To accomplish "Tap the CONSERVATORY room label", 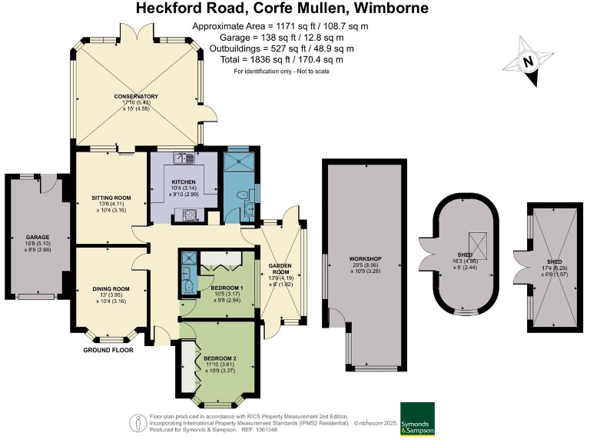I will pyautogui.click(x=136, y=97).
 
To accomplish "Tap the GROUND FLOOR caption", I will pyautogui.click(x=108, y=350).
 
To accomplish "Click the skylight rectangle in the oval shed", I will pyautogui.click(x=479, y=244).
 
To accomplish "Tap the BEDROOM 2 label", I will pyautogui.click(x=220, y=358).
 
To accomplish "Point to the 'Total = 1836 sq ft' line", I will pyautogui.click(x=277, y=59).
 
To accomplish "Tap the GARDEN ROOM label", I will pyautogui.click(x=277, y=269).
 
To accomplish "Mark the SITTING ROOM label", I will pyautogui.click(x=111, y=198).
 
